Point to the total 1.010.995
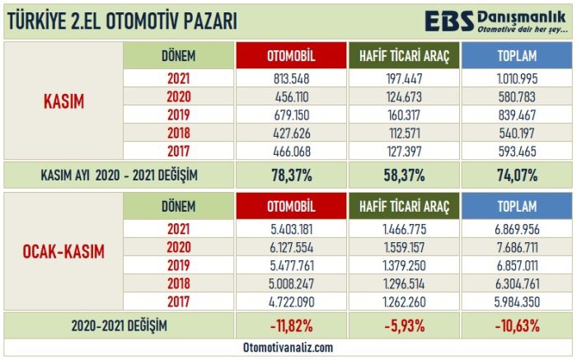click(515, 79)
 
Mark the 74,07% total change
click(515, 174)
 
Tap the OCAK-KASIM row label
click(64, 251)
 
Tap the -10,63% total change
click(515, 325)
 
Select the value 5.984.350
click(515, 302)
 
